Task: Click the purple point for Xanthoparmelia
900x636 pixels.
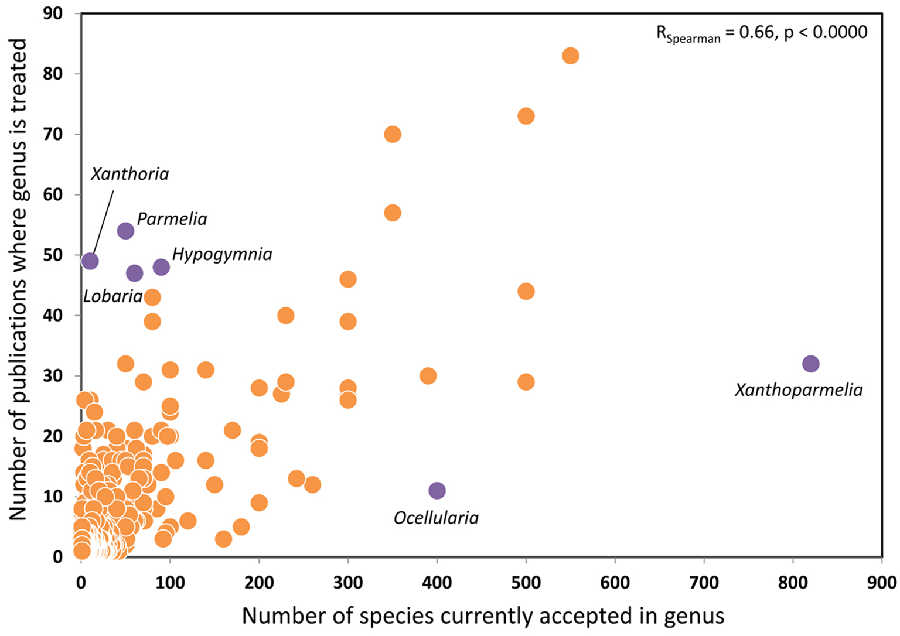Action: pyautogui.click(x=810, y=364)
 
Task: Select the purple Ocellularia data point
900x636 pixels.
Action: pyautogui.click(x=437, y=490)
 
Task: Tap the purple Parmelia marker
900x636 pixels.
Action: pyautogui.click(x=125, y=231)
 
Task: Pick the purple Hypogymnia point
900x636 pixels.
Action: pyautogui.click(x=161, y=267)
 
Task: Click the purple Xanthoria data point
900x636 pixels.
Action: pyautogui.click(x=90, y=261)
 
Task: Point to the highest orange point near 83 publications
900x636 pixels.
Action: pyautogui.click(x=570, y=56)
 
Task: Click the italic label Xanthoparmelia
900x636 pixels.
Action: pyautogui.click(x=799, y=390)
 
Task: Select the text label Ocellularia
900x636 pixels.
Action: pyautogui.click(x=436, y=518)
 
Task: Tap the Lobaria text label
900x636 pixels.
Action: pyautogui.click(x=112, y=296)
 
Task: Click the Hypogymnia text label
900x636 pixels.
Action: pyautogui.click(x=222, y=254)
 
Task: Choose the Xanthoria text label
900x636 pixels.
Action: pyautogui.click(x=129, y=174)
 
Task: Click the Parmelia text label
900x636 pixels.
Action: pyautogui.click(x=172, y=219)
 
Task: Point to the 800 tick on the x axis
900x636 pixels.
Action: pyautogui.click(x=793, y=582)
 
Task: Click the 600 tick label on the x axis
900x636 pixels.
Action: pyautogui.click(x=615, y=582)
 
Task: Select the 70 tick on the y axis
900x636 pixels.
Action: pyautogui.click(x=53, y=134)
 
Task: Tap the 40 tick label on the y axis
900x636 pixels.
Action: pyautogui.click(x=53, y=315)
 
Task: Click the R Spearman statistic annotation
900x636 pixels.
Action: pyautogui.click(x=761, y=33)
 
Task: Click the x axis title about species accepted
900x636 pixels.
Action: pyautogui.click(x=483, y=616)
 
